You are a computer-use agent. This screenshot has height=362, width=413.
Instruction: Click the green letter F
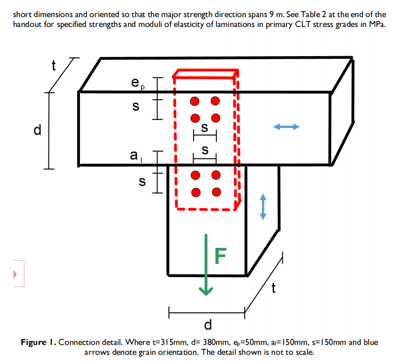(x=220, y=255)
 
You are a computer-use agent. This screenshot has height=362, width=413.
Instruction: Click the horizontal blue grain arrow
(x=286, y=127)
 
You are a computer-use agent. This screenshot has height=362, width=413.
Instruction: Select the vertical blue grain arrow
(x=264, y=207)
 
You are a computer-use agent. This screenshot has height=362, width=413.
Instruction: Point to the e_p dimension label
(x=136, y=84)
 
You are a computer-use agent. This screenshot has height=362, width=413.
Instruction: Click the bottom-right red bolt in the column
(x=217, y=192)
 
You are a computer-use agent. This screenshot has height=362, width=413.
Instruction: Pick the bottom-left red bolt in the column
(x=195, y=192)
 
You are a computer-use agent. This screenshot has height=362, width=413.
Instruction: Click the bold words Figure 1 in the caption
(x=38, y=342)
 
